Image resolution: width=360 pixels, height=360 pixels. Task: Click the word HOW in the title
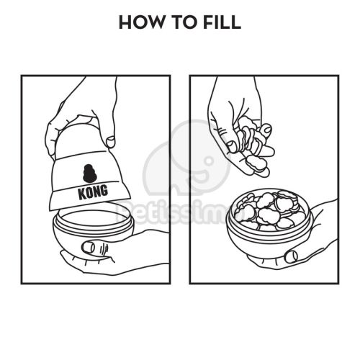(140, 22)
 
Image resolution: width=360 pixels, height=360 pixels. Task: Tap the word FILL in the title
(222, 22)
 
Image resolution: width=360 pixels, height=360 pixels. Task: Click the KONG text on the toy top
(93, 192)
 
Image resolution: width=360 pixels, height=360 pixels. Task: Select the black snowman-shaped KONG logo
(90, 174)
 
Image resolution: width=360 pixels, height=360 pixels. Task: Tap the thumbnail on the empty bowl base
(88, 247)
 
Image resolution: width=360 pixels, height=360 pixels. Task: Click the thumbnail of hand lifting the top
(111, 142)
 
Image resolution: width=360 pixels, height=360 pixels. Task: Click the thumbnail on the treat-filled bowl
(292, 256)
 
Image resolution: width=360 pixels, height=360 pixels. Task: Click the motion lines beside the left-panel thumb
(104, 250)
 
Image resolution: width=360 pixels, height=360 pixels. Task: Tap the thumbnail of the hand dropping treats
(231, 146)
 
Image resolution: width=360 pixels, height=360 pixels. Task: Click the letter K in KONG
(82, 194)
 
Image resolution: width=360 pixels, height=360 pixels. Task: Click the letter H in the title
(125, 22)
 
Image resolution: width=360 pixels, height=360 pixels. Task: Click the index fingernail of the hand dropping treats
(267, 129)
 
